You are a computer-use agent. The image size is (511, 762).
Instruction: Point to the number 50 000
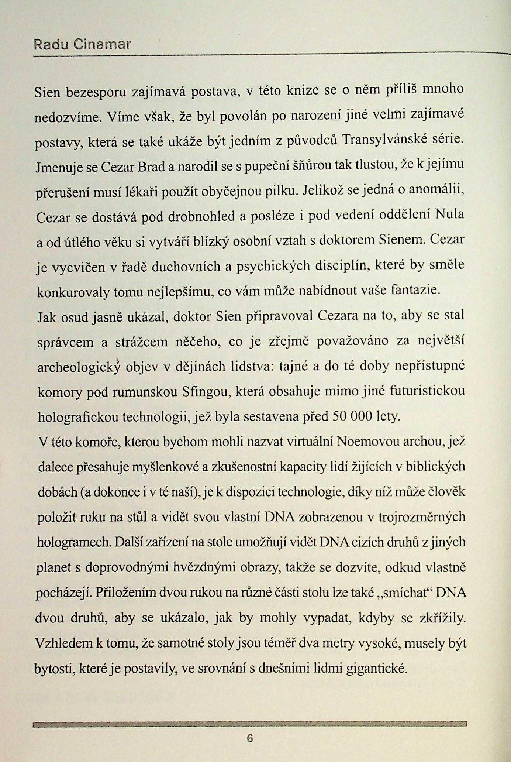tap(352, 416)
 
